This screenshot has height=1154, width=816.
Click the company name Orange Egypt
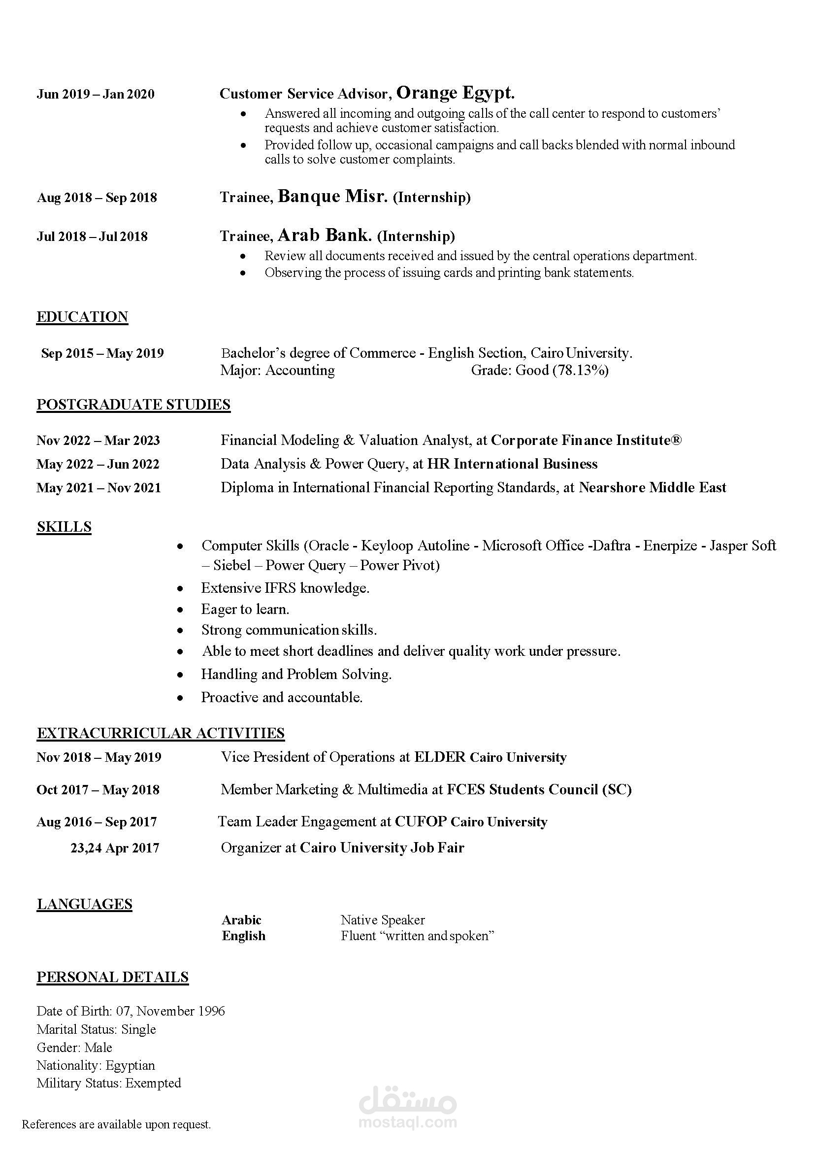click(455, 93)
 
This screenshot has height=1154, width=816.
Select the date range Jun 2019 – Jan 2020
click(96, 95)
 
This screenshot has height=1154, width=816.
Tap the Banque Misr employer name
click(332, 196)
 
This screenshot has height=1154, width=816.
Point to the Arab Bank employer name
click(325, 235)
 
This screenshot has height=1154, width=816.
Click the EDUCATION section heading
click(82, 317)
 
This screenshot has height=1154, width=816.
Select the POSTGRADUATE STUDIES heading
click(133, 405)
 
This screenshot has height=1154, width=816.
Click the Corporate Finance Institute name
click(586, 441)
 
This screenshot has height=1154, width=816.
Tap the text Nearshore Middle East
click(652, 487)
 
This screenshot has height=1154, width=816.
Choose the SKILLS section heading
click(65, 527)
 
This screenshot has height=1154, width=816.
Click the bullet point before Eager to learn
click(180, 610)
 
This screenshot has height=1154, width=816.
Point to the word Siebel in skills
click(231, 566)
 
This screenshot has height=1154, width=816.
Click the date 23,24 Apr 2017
click(115, 848)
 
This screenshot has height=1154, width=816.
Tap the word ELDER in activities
click(440, 757)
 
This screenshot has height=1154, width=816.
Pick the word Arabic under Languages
click(242, 920)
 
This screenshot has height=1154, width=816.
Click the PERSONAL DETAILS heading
click(113, 977)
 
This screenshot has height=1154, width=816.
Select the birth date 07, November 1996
click(171, 1011)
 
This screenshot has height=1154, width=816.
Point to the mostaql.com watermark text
click(407, 1122)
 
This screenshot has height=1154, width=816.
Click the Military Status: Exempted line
click(109, 1083)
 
